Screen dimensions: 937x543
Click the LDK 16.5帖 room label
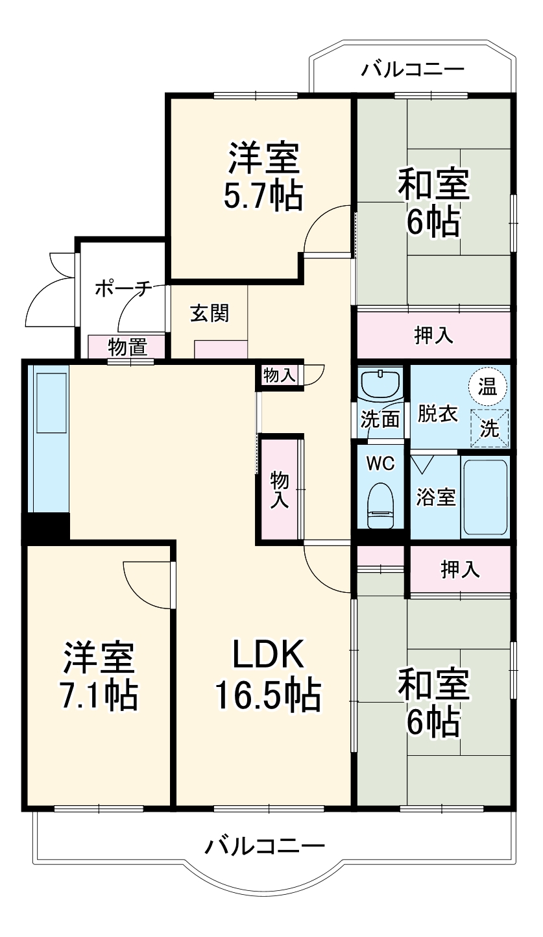pyautogui.click(x=268, y=677)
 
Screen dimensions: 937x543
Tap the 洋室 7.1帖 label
pyautogui.click(x=99, y=677)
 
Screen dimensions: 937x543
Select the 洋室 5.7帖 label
pyautogui.click(x=262, y=176)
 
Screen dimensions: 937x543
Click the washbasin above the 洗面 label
pyautogui.click(x=381, y=386)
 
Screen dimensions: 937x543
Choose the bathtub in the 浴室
pyautogui.click(x=485, y=497)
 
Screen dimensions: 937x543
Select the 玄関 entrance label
pyautogui.click(x=209, y=314)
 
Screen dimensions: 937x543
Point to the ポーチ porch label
pyautogui.click(x=123, y=288)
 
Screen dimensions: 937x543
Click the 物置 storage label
pyautogui.click(x=127, y=347)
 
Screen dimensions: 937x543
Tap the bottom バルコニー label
pyautogui.click(x=265, y=846)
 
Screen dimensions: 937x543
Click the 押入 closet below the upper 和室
pyautogui.click(x=433, y=335)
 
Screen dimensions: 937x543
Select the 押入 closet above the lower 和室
pyautogui.click(x=460, y=569)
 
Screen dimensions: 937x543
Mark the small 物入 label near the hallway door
pyautogui.click(x=280, y=375)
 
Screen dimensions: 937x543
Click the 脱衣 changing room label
pyautogui.click(x=437, y=414)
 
